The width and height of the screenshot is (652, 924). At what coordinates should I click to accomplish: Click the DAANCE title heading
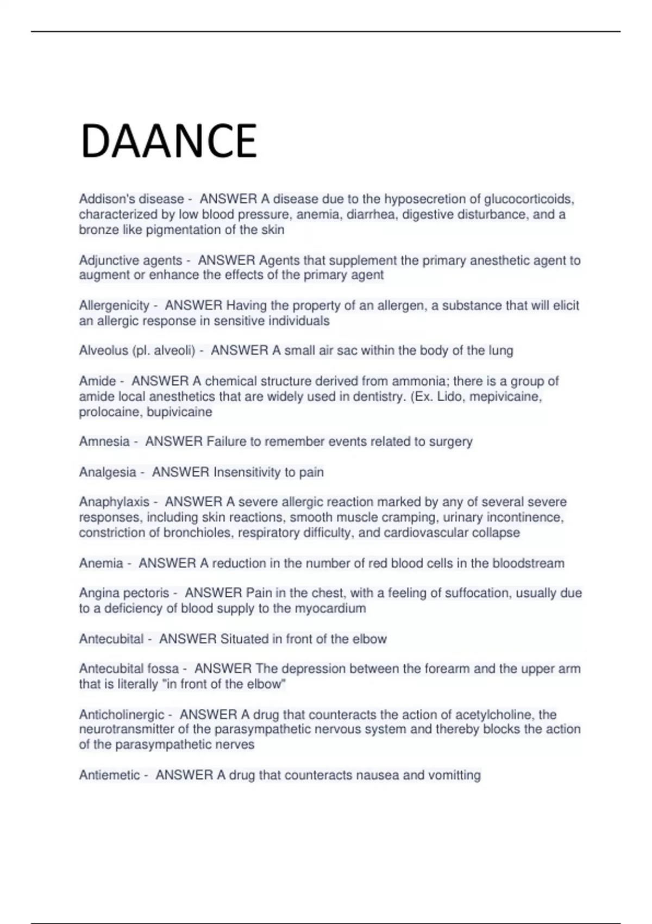[168, 141]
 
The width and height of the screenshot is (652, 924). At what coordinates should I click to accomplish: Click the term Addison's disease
[131, 199]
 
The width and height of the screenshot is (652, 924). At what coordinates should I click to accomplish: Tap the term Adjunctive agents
[130, 261]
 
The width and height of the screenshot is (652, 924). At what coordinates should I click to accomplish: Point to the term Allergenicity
[114, 306]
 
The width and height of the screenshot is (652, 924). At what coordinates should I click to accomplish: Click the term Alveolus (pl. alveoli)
[137, 351]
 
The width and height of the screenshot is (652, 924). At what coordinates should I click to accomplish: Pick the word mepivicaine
[505, 396]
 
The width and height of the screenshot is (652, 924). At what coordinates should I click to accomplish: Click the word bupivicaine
[179, 412]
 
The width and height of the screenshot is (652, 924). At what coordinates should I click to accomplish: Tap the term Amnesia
[104, 442]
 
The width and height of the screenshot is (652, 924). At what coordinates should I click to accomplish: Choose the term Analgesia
[108, 472]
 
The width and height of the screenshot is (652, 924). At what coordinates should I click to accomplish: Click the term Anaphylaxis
[114, 502]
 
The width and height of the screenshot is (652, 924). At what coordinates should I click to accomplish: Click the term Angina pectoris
[124, 594]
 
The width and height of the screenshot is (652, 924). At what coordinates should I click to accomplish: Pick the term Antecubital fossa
[129, 669]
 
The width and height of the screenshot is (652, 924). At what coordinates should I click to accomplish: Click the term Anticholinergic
[122, 715]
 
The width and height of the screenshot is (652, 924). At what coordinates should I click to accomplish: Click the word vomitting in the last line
[454, 776]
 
